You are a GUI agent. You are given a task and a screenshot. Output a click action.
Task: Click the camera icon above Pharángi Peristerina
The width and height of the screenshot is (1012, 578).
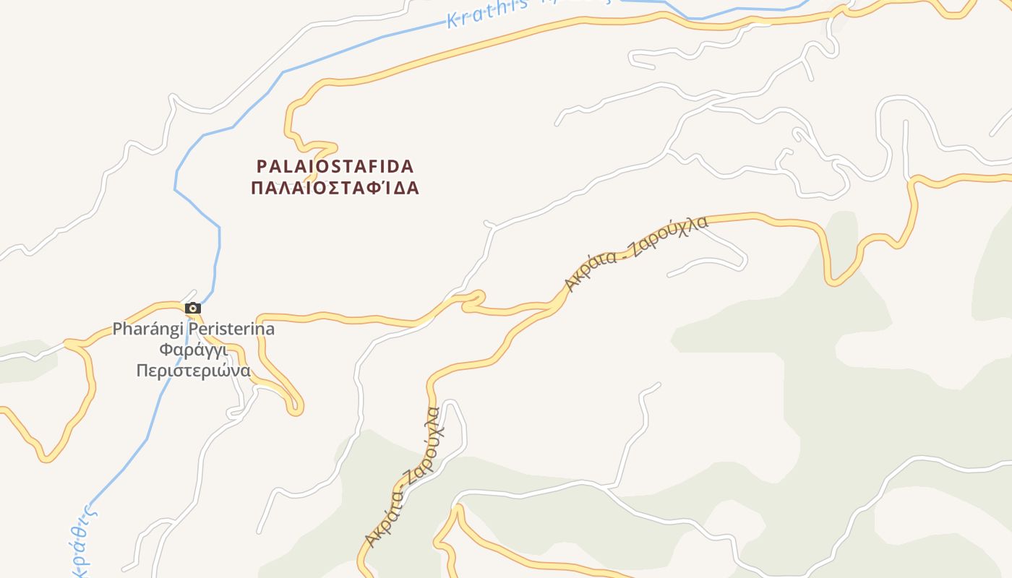[x=193, y=309]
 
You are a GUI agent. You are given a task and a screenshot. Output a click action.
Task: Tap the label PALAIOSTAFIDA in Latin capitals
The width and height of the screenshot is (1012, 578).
[x=335, y=167]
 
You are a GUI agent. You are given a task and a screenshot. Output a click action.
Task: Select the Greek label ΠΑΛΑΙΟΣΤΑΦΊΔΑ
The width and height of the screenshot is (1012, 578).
[x=335, y=189]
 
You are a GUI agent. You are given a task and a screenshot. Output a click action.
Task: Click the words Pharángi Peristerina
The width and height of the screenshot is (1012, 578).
[x=194, y=329]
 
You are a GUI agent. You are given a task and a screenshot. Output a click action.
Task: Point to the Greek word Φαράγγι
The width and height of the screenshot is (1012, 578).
[x=193, y=350]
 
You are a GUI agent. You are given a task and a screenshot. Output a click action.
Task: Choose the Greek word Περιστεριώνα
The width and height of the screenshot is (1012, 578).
[x=194, y=371]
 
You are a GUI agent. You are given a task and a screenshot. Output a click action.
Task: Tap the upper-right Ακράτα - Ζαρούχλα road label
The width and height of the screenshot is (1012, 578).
[x=636, y=252]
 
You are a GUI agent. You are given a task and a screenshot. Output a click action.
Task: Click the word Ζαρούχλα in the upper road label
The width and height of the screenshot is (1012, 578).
[x=669, y=235]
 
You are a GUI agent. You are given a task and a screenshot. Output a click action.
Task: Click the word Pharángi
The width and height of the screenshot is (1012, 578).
[x=147, y=329]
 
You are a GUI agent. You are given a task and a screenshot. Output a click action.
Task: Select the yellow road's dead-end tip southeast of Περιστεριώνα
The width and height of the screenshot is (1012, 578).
[x=295, y=409]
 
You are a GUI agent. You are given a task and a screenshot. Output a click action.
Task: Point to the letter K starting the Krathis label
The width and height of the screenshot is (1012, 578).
[x=453, y=20]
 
